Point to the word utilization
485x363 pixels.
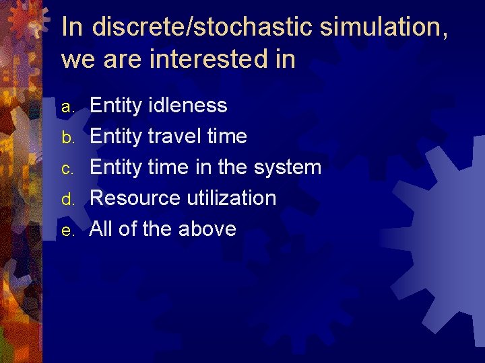pos(232,198)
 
